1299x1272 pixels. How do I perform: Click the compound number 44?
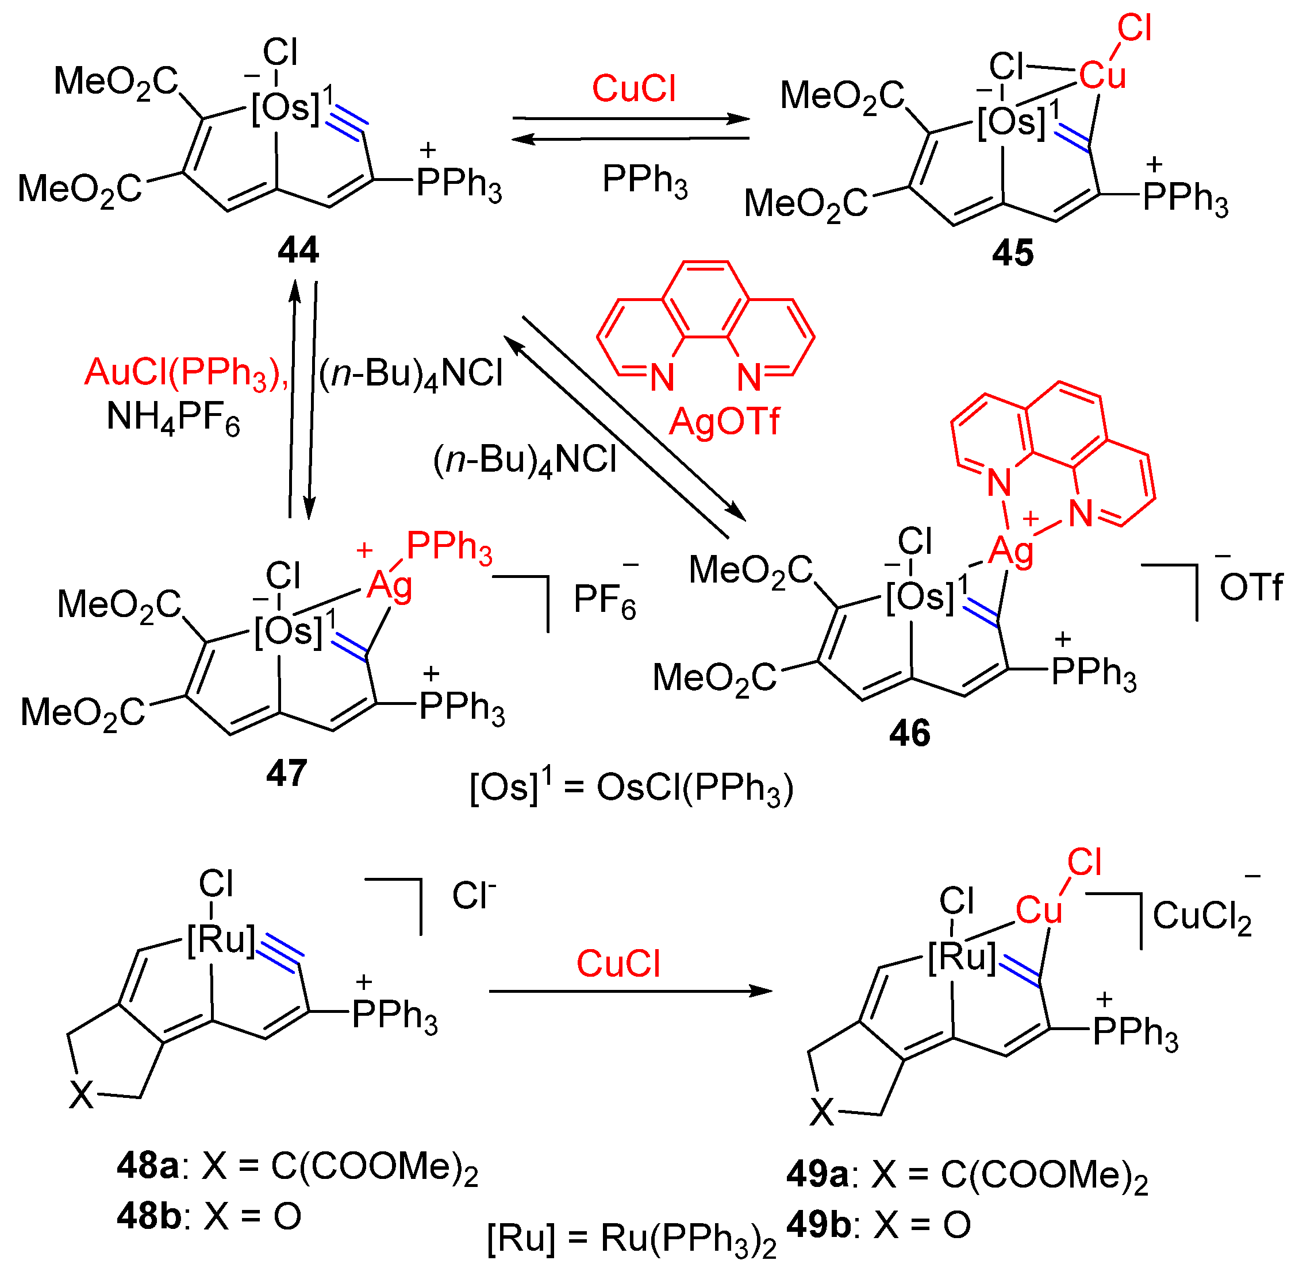pyautogui.click(x=298, y=251)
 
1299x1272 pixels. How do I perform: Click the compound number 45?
pyautogui.click(x=1012, y=253)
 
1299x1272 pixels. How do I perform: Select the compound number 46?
pyautogui.click(x=909, y=734)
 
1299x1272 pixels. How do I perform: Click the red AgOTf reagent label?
pyautogui.click(x=724, y=422)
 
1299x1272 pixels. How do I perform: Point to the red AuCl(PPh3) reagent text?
pyautogui.click(x=187, y=373)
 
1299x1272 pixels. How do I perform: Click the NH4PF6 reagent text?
pyautogui.click(x=173, y=418)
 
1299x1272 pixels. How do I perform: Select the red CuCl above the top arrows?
pyautogui.click(x=633, y=89)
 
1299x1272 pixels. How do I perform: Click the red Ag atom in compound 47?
pyautogui.click(x=390, y=587)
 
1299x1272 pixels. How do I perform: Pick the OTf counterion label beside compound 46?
pyautogui.click(x=1250, y=587)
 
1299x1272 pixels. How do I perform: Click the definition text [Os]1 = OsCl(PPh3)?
pyautogui.click(x=632, y=788)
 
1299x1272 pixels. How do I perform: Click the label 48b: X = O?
pyautogui.click(x=209, y=1216)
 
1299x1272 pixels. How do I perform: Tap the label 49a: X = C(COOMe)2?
pyautogui.click(x=967, y=1175)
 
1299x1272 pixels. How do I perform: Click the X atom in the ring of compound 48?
pyautogui.click(x=82, y=1096)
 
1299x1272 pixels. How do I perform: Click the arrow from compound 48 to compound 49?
pyautogui.click(x=630, y=992)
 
